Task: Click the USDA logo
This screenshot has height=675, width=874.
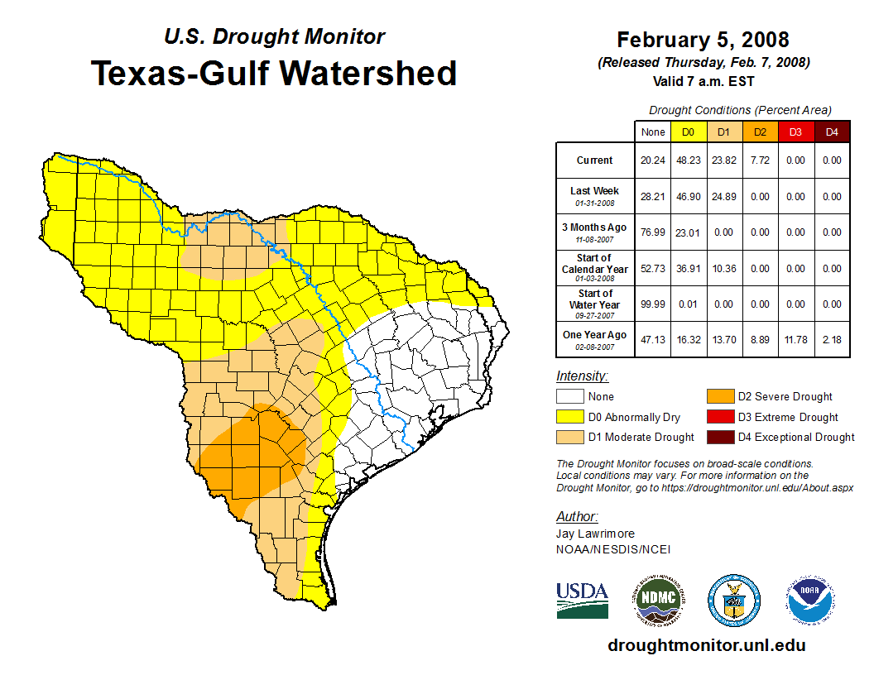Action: (x=582, y=600)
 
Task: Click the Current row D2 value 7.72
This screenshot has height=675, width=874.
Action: (x=759, y=160)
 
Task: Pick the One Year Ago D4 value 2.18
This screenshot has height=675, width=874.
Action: (x=832, y=340)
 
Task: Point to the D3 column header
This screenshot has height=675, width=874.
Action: (x=795, y=132)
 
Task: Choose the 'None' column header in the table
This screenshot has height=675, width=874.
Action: (x=653, y=132)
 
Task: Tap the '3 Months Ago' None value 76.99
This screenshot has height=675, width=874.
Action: (x=653, y=232)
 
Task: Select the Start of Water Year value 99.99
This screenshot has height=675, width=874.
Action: (x=653, y=304)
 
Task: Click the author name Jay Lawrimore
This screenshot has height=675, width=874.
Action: (x=595, y=534)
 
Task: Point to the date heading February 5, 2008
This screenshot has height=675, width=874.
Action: (x=703, y=40)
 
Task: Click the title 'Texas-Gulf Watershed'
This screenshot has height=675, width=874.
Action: (x=274, y=73)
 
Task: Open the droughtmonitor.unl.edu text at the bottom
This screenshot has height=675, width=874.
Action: (x=706, y=645)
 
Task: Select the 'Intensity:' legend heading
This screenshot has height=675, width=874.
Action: (x=581, y=376)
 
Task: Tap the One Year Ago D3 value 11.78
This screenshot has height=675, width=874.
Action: (x=795, y=340)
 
